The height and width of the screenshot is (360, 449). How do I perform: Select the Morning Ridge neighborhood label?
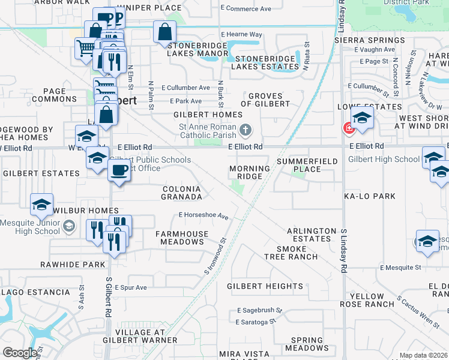pyautogui.click(x=250, y=173)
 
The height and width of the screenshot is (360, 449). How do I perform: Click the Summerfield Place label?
pyautogui.click(x=307, y=165)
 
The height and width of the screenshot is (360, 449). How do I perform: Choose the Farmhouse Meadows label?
pyautogui.click(x=182, y=238)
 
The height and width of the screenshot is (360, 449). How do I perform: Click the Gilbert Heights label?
pyautogui.click(x=265, y=287)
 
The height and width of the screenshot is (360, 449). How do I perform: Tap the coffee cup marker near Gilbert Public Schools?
pyautogui.click(x=119, y=170)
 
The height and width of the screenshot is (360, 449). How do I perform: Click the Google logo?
pyautogui.click(x=20, y=353)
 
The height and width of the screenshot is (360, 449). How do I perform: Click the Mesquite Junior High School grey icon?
pyautogui.click(x=68, y=226)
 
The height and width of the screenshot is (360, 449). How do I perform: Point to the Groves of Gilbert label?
pyautogui.click(x=269, y=100)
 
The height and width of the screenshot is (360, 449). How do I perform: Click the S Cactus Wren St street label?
pyautogui.click(x=418, y=312)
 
